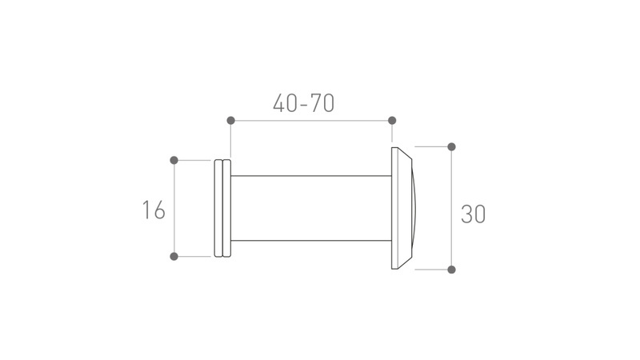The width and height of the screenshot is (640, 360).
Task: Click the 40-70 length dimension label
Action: (304, 103)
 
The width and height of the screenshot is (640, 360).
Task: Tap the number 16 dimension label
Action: (154, 210)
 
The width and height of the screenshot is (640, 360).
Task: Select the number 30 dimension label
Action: (473, 214)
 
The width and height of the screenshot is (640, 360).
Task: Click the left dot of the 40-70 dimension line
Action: (230, 121)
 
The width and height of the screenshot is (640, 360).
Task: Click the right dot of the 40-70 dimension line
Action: (392, 121)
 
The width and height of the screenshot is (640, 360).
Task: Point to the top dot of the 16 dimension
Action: (174, 160)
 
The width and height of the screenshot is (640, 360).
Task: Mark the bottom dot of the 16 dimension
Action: (174, 256)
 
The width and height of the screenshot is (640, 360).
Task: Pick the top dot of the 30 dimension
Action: (451, 146)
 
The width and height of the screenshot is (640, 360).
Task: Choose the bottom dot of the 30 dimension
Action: (451, 270)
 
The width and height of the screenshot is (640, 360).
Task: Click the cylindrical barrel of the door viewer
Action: (311, 208)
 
